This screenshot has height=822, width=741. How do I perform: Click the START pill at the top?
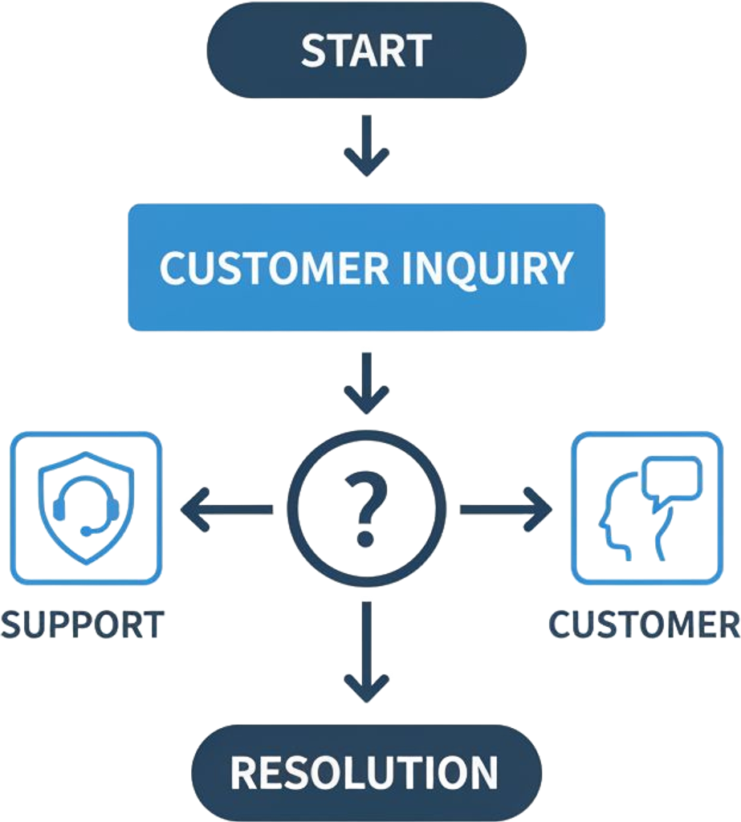coord(367,51)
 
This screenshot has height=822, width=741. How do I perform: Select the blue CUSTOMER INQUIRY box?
coord(366,267)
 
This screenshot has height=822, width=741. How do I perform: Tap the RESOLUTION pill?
coord(366,771)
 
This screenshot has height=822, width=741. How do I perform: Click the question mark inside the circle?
coord(366,507)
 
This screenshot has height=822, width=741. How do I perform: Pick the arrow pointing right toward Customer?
coord(506,509)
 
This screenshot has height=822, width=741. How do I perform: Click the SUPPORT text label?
coord(83,625)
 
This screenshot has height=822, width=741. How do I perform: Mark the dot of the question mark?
coord(366,537)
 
